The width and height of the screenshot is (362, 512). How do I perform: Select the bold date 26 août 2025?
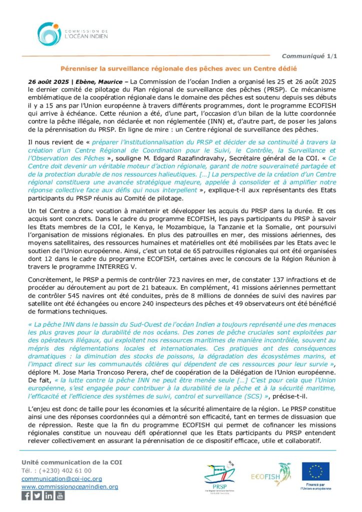47,80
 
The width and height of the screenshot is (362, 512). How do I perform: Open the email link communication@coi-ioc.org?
62,478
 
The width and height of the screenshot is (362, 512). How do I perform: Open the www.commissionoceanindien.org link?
69,486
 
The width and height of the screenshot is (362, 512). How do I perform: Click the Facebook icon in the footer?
26,495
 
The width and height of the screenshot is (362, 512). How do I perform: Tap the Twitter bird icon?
37,495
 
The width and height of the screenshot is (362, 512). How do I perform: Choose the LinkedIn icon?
48,495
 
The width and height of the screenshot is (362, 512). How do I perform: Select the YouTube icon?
60,495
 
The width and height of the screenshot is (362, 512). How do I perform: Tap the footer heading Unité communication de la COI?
71,462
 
